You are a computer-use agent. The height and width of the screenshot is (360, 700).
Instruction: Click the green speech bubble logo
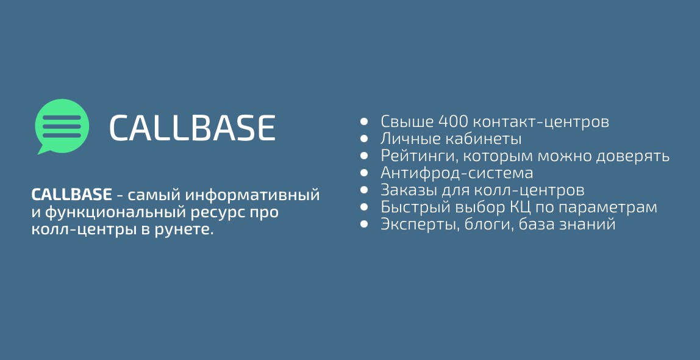pos(62,126)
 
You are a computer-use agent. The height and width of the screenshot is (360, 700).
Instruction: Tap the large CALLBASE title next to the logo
pos(192,128)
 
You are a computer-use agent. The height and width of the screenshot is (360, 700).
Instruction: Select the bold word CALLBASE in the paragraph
pos(71,195)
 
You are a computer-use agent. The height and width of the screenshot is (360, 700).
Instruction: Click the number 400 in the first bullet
pos(453,121)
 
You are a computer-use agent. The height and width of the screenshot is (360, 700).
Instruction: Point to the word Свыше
pos(407,121)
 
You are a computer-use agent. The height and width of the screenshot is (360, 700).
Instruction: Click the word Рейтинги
pos(420,156)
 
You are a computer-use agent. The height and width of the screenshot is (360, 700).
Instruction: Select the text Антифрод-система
pos(457,173)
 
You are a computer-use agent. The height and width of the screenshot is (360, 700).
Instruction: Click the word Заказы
pos(409,191)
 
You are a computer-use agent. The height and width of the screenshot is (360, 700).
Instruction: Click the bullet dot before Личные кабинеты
pos(364,139)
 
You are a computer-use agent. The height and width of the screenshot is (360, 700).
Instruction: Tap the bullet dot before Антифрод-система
pos(364,173)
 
